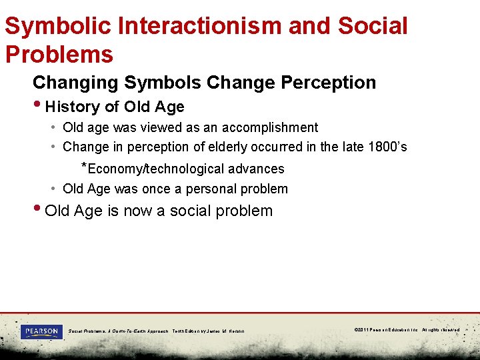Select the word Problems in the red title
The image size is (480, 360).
pyautogui.click(x=59, y=54)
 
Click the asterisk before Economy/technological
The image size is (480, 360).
pyautogui.click(x=83, y=166)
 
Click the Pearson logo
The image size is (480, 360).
pyautogui.click(x=41, y=331)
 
